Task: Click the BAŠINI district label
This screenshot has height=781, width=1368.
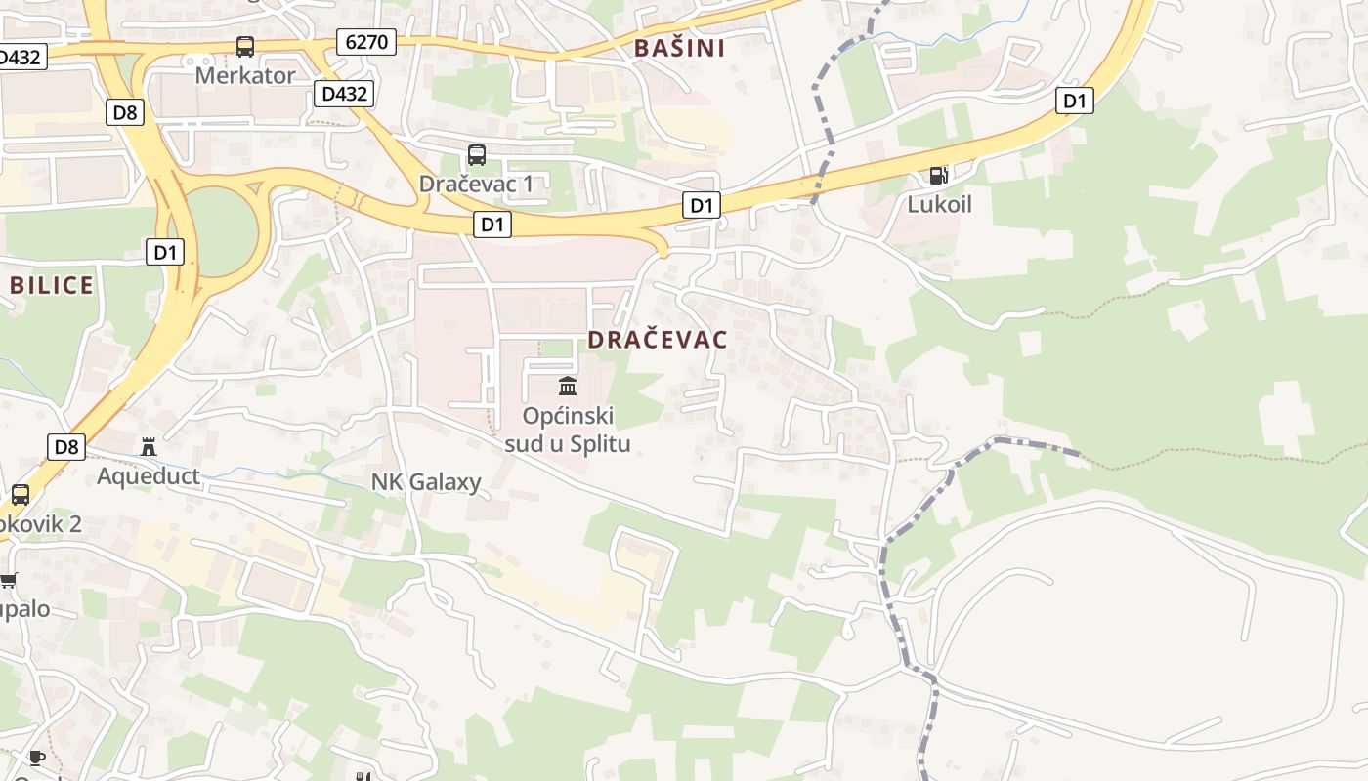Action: pyautogui.click(x=680, y=48)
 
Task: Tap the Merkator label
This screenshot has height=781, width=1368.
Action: pyautogui.click(x=245, y=75)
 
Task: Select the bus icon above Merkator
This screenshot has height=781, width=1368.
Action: pyautogui.click(x=245, y=46)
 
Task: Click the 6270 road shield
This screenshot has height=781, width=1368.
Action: pyautogui.click(x=366, y=41)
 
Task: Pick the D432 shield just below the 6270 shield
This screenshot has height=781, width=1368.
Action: pyautogui.click(x=344, y=94)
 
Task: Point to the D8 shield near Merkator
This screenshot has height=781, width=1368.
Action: pyautogui.click(x=125, y=112)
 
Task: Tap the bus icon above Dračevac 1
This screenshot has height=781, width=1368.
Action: pyautogui.click(x=477, y=154)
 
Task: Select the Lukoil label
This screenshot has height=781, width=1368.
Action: pyautogui.click(x=939, y=205)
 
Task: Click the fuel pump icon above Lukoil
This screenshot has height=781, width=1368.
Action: pyautogui.click(x=938, y=176)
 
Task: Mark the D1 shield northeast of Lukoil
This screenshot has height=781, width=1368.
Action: pyautogui.click(x=1074, y=101)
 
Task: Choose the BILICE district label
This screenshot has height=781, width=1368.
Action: pyautogui.click(x=52, y=285)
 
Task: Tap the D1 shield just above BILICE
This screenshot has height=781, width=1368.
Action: pyautogui.click(x=165, y=252)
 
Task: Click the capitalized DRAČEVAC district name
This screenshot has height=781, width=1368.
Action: pyautogui.click(x=658, y=340)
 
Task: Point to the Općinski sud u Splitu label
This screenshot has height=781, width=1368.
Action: pyautogui.click(x=568, y=431)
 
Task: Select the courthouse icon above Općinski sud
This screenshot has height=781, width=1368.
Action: pyautogui.click(x=568, y=386)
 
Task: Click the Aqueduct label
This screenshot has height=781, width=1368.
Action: pyautogui.click(x=149, y=476)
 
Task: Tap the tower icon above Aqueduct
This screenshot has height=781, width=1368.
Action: pyautogui.click(x=149, y=447)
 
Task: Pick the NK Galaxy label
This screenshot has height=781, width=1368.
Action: pyautogui.click(x=426, y=482)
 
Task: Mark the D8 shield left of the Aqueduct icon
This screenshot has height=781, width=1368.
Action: pyautogui.click(x=65, y=447)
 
